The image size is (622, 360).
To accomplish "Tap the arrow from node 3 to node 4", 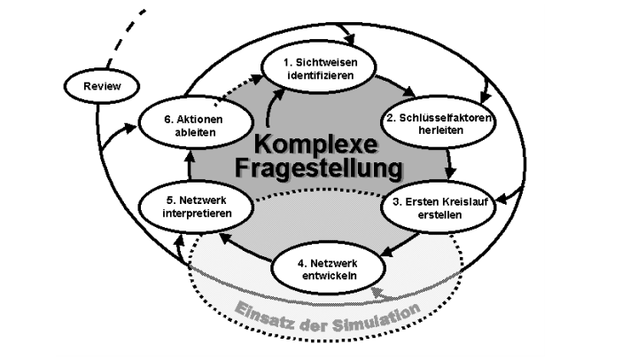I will [x=400, y=244].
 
